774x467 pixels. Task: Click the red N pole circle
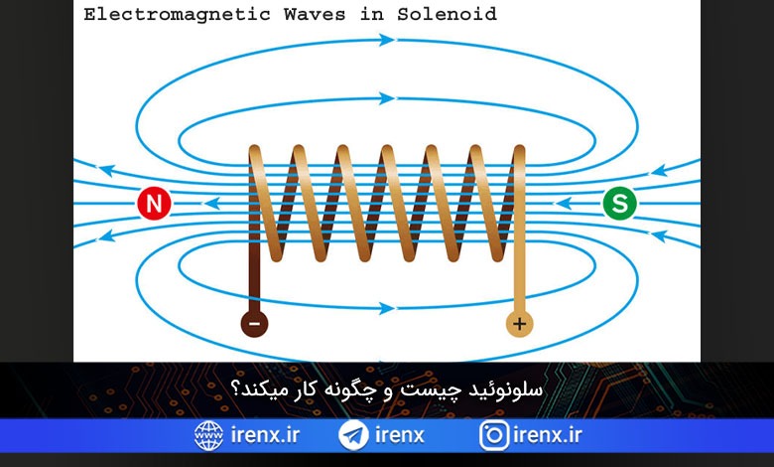tap(154, 203)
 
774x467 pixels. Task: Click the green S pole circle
tap(619, 203)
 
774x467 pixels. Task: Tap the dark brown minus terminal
tap(254, 324)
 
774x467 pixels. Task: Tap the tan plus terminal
tap(519, 324)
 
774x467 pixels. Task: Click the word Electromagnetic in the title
tap(177, 14)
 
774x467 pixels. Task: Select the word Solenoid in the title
tap(447, 14)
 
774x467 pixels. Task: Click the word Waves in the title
tap(315, 14)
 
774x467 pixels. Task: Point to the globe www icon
tap(208, 435)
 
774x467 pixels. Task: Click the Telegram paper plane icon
tap(353, 435)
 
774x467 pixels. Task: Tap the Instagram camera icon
tap(493, 435)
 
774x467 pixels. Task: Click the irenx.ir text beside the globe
tap(265, 435)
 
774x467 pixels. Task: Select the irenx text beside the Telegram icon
tap(399, 435)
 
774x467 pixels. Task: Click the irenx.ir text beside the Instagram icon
tap(548, 435)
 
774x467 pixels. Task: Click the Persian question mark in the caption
tap(236, 389)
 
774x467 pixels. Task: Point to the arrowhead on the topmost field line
tap(387, 40)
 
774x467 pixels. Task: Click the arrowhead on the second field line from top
tap(387, 98)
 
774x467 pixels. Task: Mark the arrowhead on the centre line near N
tap(211, 203)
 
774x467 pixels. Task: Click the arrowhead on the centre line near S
tap(564, 203)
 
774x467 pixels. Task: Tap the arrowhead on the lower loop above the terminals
tap(387, 308)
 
